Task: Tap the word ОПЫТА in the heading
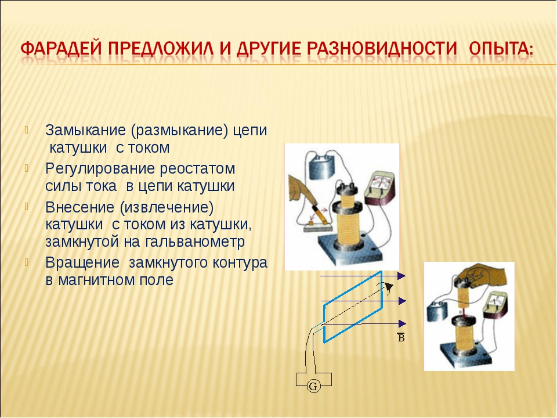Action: coord(501,48)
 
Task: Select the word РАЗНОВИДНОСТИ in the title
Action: coord(382,48)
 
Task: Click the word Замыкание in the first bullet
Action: coord(86,131)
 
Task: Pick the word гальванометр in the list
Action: coord(195,242)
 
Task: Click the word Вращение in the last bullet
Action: coord(82,263)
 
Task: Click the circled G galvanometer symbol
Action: coord(313,386)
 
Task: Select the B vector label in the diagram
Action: coord(401,337)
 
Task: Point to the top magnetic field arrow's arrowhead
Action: coord(402,276)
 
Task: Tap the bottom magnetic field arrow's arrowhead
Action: coord(402,323)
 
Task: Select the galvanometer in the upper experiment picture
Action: coord(381,189)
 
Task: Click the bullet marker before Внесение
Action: coord(26,207)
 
